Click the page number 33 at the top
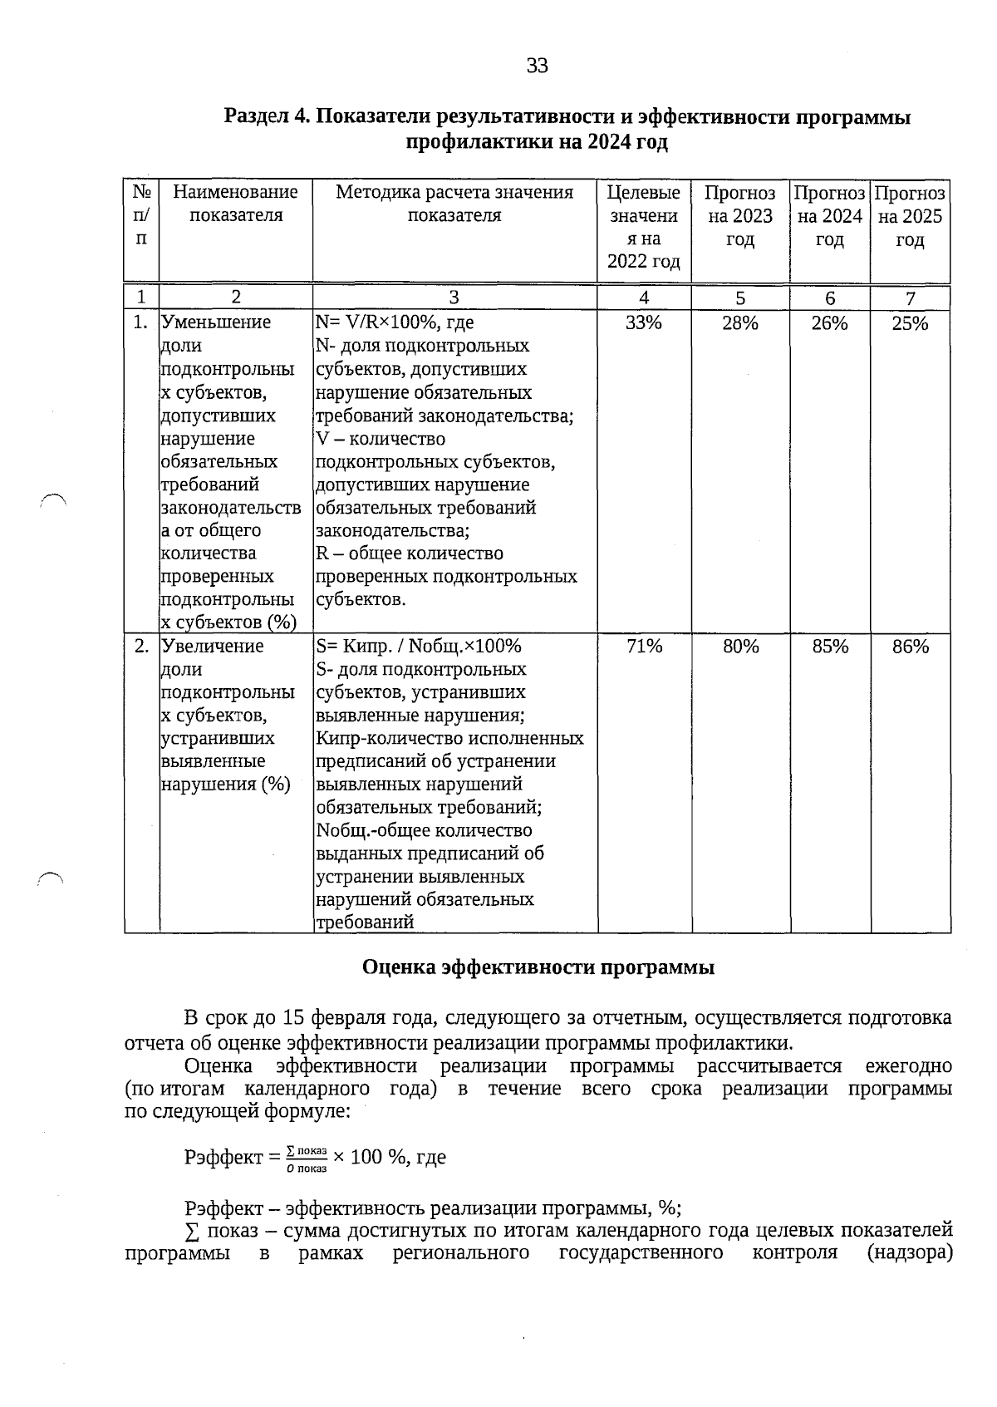537,66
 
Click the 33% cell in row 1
643,323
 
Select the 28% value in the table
739,323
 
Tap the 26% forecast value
829,323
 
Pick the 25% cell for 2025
910,323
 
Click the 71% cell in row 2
644,647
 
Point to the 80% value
740,647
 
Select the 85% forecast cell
830,647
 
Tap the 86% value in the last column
911,647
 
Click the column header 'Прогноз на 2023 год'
739,216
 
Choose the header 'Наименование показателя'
235,204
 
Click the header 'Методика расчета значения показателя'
454,204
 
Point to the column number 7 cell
911,298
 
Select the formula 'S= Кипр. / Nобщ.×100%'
418,647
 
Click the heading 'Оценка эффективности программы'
538,967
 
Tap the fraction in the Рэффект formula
306,1159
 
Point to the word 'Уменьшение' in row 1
216,322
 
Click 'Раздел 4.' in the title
266,117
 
